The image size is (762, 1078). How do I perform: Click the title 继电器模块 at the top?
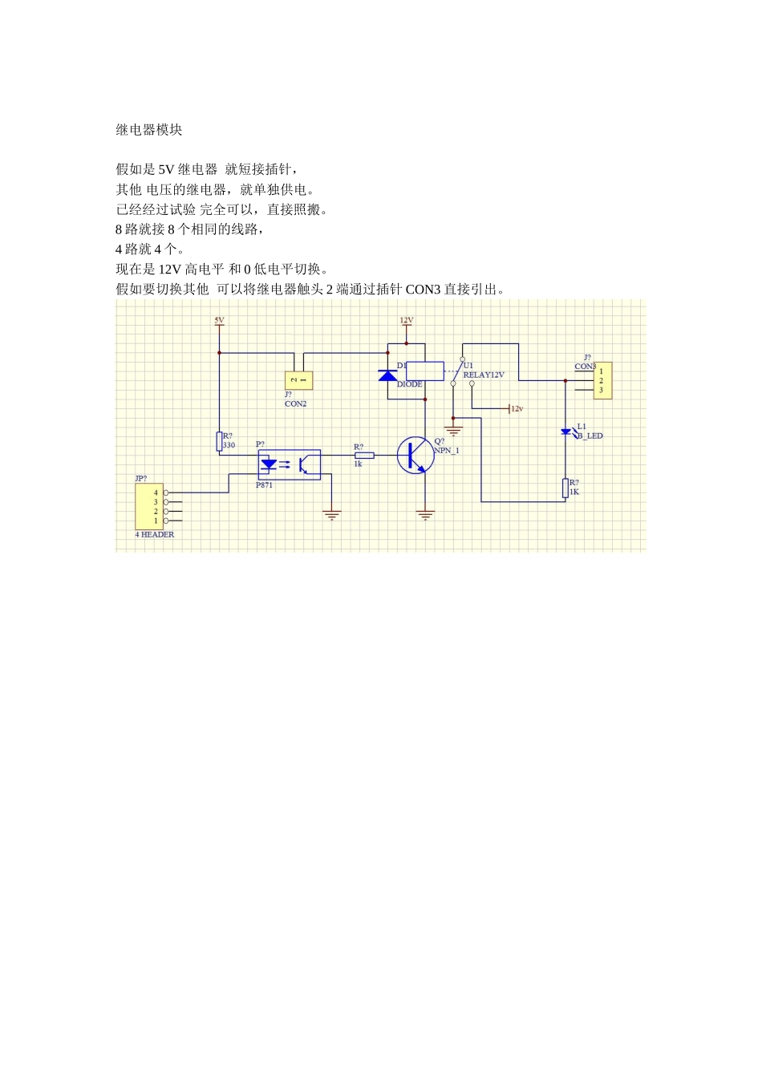(x=149, y=130)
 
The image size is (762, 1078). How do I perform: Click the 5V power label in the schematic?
(x=219, y=320)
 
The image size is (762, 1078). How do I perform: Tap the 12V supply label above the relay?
(x=407, y=320)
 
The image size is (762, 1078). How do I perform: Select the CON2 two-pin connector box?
(x=298, y=380)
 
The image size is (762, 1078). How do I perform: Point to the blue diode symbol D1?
(x=388, y=375)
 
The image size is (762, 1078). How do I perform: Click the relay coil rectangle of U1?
(x=424, y=371)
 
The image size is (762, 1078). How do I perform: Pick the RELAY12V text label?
(x=484, y=375)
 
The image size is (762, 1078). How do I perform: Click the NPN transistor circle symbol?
(x=415, y=456)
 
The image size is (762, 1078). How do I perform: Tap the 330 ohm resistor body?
(x=219, y=441)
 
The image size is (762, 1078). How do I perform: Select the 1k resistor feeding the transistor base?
(x=364, y=456)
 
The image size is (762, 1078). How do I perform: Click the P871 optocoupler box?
(x=289, y=464)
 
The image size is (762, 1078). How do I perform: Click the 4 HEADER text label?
(x=154, y=534)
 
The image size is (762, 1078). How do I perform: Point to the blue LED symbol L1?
(x=565, y=432)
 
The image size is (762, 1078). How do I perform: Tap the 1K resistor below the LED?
(x=565, y=488)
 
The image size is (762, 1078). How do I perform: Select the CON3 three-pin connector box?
(x=602, y=380)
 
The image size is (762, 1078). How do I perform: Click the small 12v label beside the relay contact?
(x=517, y=409)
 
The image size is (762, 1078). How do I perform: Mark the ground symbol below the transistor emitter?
(x=425, y=515)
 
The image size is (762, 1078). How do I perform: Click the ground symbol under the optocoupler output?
(x=332, y=515)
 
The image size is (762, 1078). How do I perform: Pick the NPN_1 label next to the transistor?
(x=447, y=451)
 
